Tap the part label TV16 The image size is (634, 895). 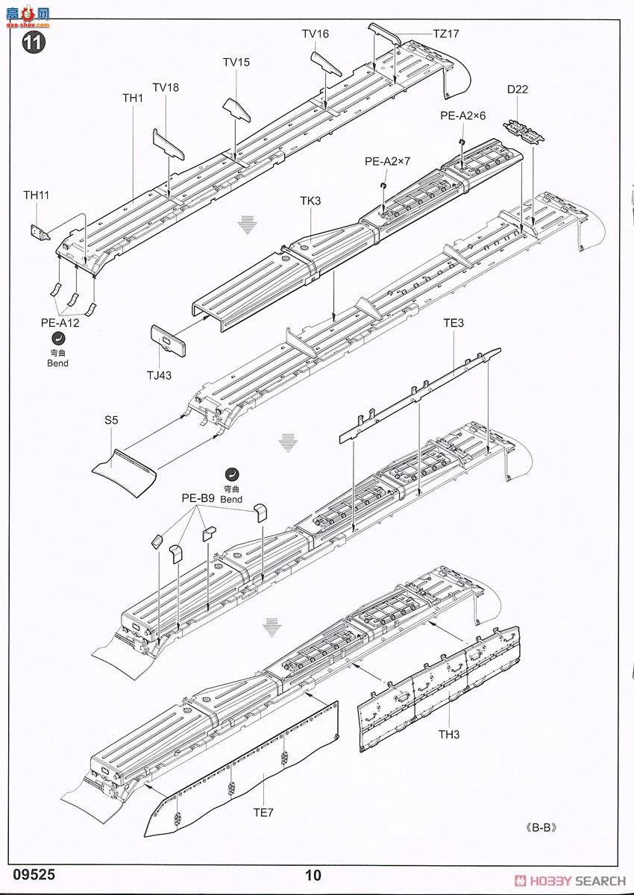pos(315,34)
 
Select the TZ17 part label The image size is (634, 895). pos(446,34)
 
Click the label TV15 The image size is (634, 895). pos(236,62)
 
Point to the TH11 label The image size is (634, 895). pos(36,195)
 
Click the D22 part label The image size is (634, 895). pos(517,90)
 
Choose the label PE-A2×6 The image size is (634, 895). pos(462,116)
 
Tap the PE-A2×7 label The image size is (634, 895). pos(387,161)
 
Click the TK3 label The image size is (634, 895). pos(310,201)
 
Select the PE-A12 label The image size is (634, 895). pos(60,323)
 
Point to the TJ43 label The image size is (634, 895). pos(159,375)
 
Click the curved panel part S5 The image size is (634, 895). pos(125,467)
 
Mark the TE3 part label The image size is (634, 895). pos(453,323)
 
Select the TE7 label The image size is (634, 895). pos(263,812)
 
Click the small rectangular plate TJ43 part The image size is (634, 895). pos(168,341)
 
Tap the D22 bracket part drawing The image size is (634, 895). pos(526,131)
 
